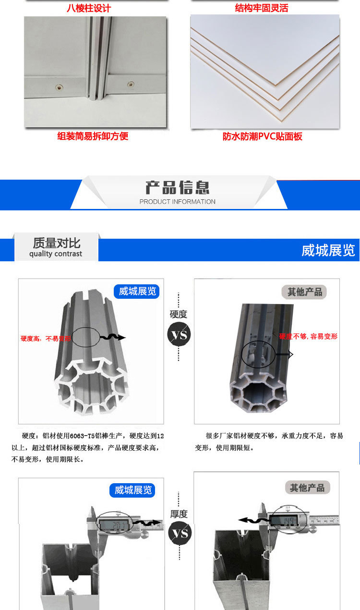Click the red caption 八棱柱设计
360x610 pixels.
click(x=88, y=8)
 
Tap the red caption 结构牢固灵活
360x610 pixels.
click(x=262, y=8)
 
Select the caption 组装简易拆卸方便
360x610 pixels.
click(x=93, y=136)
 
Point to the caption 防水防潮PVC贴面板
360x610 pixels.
click(x=262, y=136)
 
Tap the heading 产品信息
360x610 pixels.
click(x=177, y=187)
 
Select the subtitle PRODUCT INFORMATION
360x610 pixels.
click(x=177, y=202)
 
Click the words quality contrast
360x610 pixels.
click(x=56, y=254)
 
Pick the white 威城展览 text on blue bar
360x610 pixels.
click(x=328, y=250)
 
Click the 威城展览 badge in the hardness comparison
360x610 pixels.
click(x=137, y=291)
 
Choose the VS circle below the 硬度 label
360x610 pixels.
click(x=179, y=334)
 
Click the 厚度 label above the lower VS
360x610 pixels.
click(x=179, y=514)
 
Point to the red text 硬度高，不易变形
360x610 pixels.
click(x=46, y=338)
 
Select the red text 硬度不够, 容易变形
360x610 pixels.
click(x=308, y=336)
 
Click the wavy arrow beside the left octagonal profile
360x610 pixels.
click(x=112, y=338)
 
